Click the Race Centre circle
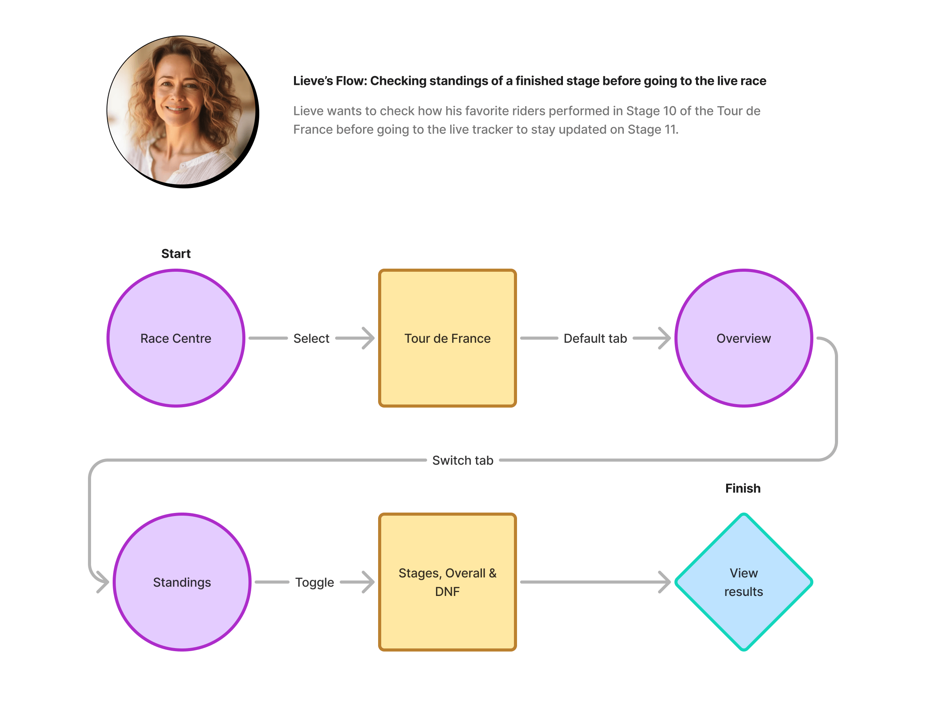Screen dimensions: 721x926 click(x=176, y=338)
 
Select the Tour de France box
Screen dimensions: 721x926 click(x=447, y=338)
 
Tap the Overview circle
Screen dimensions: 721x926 click(x=743, y=338)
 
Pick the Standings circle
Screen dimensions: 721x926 click(x=182, y=582)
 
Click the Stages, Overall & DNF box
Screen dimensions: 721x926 click(x=447, y=582)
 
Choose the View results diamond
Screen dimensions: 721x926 click(x=743, y=582)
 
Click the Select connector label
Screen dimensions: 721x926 click(x=311, y=338)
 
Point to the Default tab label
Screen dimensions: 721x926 click(x=595, y=338)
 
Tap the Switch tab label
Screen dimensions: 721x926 click(x=463, y=460)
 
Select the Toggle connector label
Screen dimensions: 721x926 click(x=314, y=582)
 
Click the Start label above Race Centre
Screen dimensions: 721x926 click(x=176, y=254)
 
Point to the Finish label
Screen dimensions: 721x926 click(x=743, y=488)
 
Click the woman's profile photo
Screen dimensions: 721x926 click(x=182, y=111)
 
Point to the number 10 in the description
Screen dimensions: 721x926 click(x=669, y=111)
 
